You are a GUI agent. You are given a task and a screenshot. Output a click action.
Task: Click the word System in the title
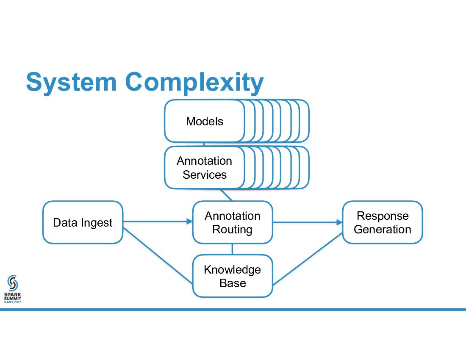pos(71,82)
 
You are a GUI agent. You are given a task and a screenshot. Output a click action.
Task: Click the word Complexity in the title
pos(194,82)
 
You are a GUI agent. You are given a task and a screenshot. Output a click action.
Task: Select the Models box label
pos(205,122)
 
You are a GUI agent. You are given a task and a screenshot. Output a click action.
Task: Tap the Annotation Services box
pos(205,168)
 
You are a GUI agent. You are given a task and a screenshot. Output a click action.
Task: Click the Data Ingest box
pos(83,222)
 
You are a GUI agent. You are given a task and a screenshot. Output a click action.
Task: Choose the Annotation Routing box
pos(232,222)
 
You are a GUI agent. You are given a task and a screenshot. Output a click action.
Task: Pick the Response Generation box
pos(383,222)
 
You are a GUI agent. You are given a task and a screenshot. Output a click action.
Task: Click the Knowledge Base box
pos(232,276)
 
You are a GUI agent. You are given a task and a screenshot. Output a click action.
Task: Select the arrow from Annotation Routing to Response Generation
pos(308,222)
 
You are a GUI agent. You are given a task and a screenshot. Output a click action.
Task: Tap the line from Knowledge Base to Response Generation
pos(308,259)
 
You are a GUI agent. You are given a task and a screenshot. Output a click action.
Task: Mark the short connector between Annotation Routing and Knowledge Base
pos(232,249)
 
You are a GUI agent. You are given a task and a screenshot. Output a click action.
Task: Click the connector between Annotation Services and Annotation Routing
pos(226,194)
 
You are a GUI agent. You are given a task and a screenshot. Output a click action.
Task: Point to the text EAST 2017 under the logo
pos(13,302)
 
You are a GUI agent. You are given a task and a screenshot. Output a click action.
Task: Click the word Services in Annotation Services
pos(205,174)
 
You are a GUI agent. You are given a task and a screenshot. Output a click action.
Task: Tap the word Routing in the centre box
pos(232,230)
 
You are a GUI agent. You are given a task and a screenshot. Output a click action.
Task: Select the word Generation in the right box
pos(383,230)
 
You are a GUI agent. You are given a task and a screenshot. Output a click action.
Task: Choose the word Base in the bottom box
pos(233,283)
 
